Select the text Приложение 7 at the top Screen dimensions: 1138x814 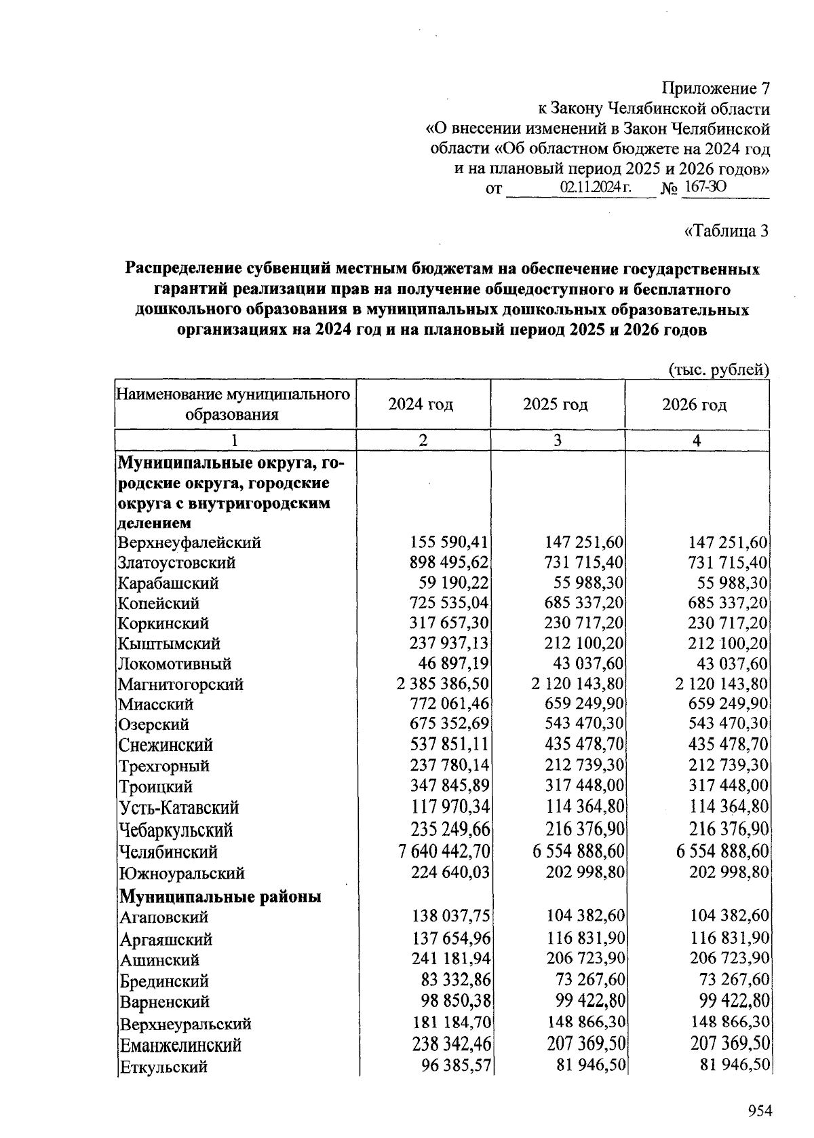pos(716,88)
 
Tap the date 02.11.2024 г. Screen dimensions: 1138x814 pos(596,187)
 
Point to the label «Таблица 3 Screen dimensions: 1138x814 pos(726,231)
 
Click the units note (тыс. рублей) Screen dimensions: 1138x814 pos(720,369)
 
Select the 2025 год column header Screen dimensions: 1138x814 pos(556,405)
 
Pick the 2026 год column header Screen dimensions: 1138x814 pos(695,405)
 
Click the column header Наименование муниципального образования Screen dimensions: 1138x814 pos(233,405)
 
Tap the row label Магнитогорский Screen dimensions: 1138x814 pos(180,684)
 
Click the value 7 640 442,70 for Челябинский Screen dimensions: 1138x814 pos(443,851)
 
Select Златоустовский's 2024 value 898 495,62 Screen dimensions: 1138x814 pos(450,563)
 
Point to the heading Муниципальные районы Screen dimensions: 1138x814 pos(220,897)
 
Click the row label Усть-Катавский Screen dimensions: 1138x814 pos(179,808)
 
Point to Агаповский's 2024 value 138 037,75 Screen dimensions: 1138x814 pos(450,917)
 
